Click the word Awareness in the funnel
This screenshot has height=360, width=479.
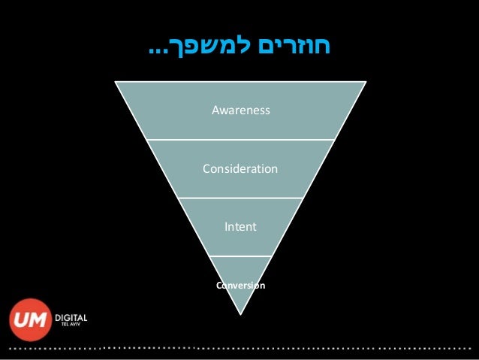point(240,111)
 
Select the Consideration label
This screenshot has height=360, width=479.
point(240,168)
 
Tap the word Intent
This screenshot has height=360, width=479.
point(240,225)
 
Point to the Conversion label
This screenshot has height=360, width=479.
point(240,286)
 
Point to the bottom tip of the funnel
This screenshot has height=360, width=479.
point(240,313)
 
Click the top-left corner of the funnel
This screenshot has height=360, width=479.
point(116,82)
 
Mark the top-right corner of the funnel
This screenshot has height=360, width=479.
point(366,82)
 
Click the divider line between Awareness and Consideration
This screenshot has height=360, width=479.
point(240,140)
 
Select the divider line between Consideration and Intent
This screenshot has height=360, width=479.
point(240,198)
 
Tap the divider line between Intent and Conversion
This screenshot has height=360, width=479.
point(240,256)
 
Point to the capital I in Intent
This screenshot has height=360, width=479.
point(226,225)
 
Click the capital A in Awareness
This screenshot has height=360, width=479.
point(215,111)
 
